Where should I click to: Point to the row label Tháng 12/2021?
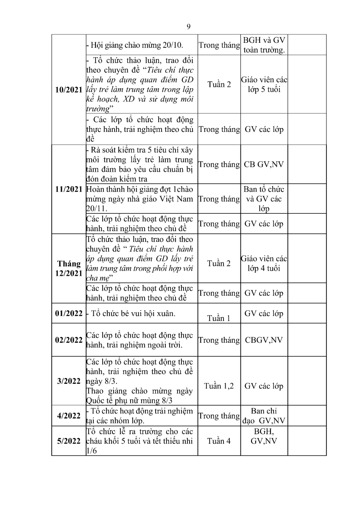pyautogui.click(x=69, y=268)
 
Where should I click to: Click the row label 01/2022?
pyautogui.click(x=69, y=313)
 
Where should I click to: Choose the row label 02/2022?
pyautogui.click(x=69, y=340)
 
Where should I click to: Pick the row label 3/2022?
pyautogui.click(x=69, y=381)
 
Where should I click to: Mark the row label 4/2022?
pyautogui.click(x=69, y=415)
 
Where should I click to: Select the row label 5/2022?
pyautogui.click(x=69, y=441)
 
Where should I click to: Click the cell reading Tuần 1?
pyautogui.click(x=219, y=318)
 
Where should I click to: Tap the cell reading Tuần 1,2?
pyautogui.click(x=219, y=386)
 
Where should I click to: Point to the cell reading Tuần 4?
pyautogui.click(x=219, y=441)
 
